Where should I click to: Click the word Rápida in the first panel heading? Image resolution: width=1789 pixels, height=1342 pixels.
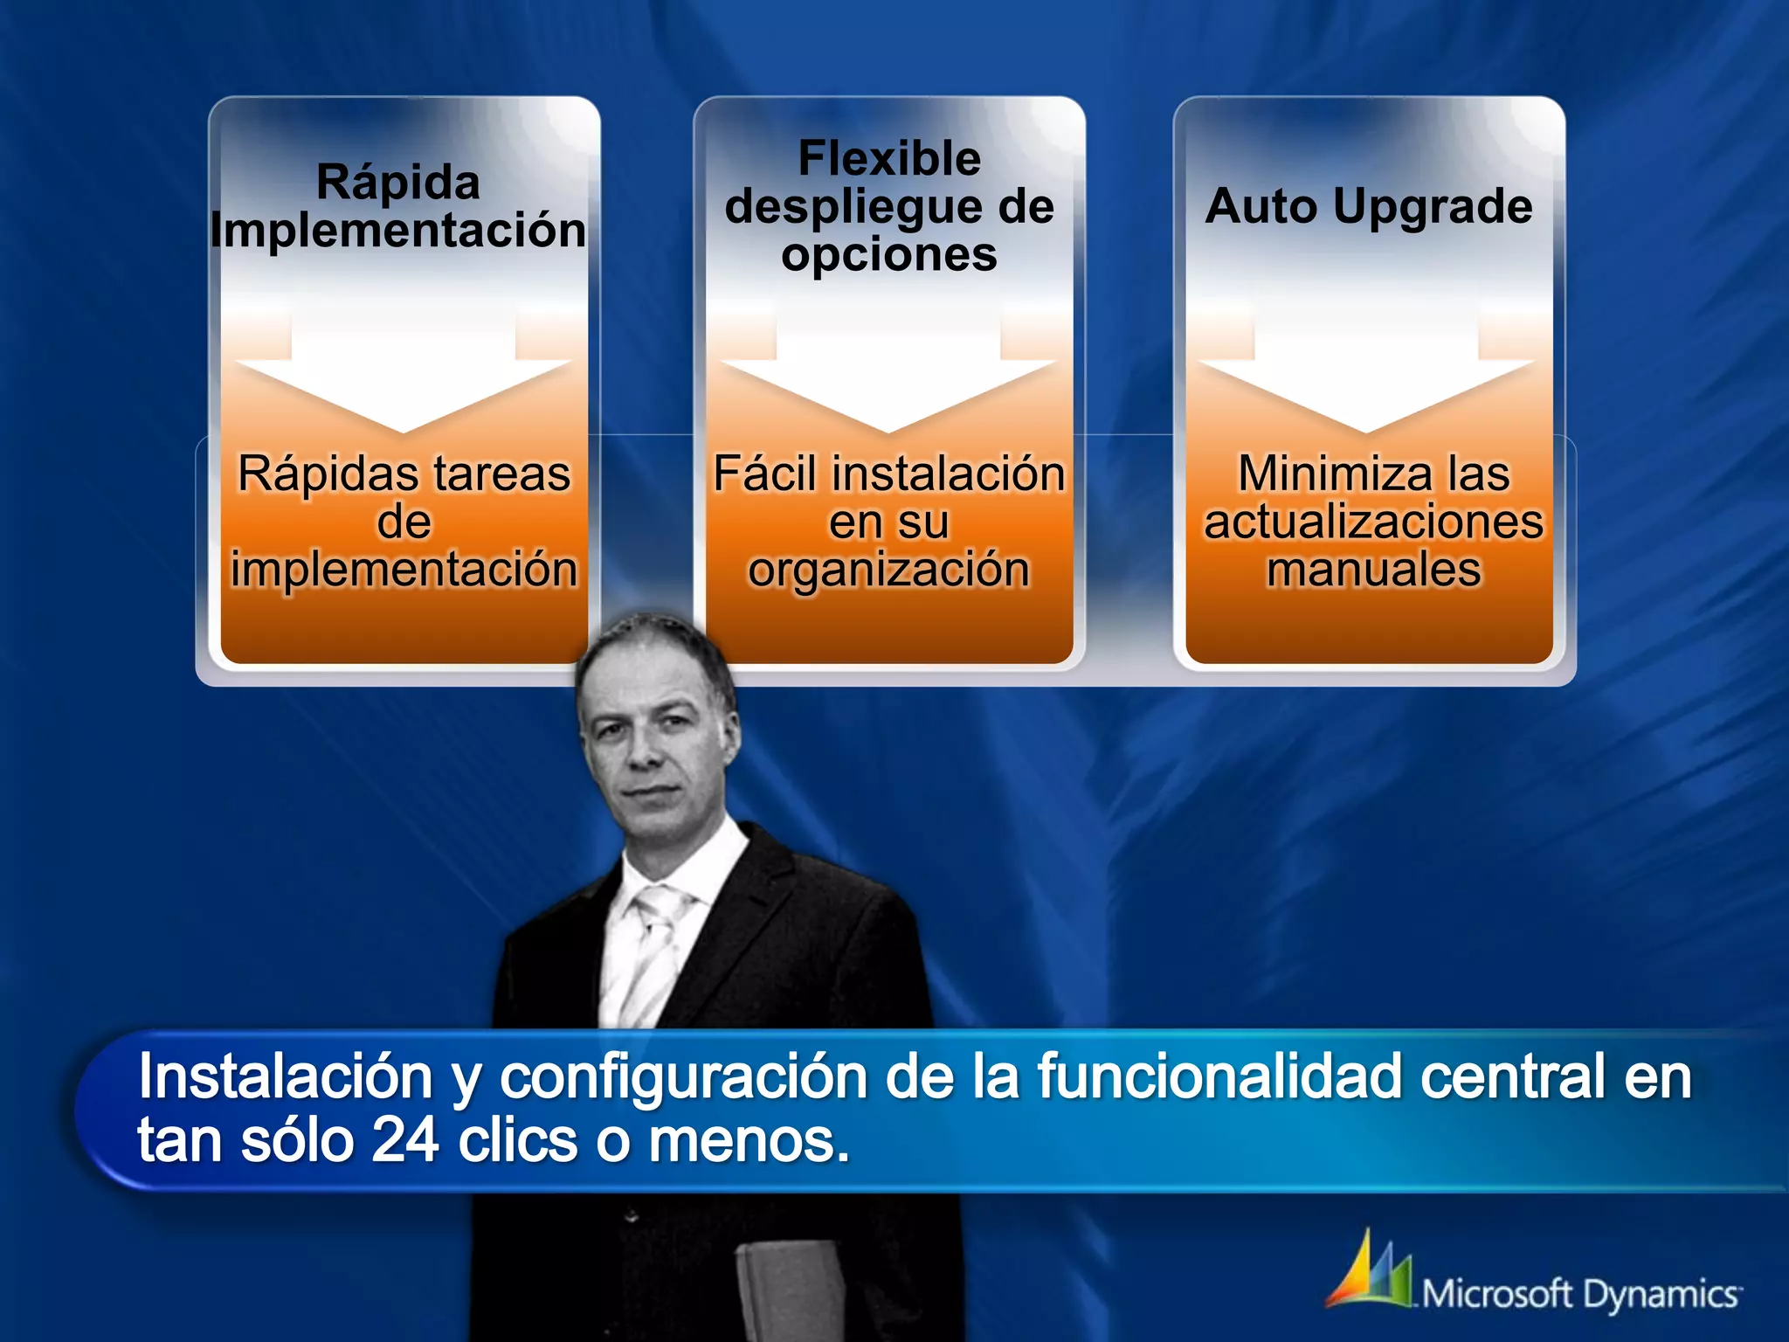coord(398,183)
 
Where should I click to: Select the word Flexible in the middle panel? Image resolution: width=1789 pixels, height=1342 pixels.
coord(889,159)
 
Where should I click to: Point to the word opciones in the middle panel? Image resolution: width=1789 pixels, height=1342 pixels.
coord(889,255)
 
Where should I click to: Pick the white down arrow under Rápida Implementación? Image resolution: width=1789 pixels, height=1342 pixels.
coord(403,376)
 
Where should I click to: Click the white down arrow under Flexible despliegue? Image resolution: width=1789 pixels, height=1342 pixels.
coord(888,376)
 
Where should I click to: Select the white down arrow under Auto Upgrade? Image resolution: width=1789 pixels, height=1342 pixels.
coord(1366,376)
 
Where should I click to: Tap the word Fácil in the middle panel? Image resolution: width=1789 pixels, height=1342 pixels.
coord(765,474)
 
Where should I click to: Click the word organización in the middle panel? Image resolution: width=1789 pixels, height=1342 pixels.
coord(889,570)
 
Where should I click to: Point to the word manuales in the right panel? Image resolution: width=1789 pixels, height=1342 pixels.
coord(1374,570)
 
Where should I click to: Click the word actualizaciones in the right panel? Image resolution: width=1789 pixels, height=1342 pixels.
coord(1374,522)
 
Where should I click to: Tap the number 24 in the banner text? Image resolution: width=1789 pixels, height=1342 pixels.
coord(405,1141)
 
